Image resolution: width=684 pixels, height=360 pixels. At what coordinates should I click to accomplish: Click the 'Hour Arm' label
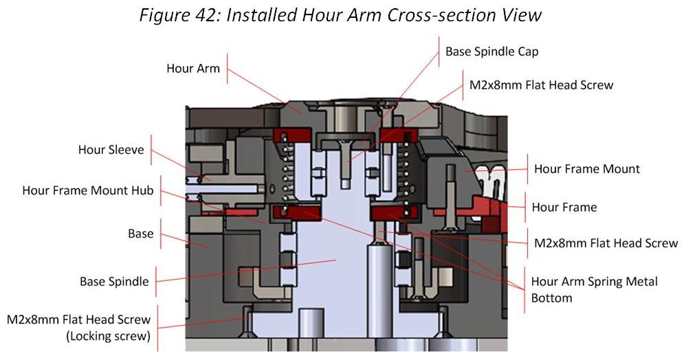(192, 69)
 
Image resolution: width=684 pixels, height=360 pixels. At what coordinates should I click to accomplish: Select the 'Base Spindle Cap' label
(492, 52)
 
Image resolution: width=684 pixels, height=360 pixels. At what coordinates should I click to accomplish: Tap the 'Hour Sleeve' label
(111, 150)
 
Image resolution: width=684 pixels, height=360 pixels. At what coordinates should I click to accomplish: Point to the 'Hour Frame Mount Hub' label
(87, 190)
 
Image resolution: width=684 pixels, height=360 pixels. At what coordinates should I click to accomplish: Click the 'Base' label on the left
(140, 234)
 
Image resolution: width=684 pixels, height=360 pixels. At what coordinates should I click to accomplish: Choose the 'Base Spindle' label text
(113, 282)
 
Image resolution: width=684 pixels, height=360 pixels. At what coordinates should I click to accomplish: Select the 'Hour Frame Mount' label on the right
(586, 169)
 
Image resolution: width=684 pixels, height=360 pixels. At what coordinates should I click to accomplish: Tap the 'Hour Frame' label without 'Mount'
(564, 207)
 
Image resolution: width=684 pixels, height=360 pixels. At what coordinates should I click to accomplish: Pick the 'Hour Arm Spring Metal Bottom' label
(594, 290)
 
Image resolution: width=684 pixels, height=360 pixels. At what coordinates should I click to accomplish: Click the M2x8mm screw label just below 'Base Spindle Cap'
(541, 85)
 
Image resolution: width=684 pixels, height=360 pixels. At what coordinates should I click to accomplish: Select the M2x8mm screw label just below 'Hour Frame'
(606, 243)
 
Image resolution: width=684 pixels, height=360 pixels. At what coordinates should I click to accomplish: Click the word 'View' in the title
(522, 15)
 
